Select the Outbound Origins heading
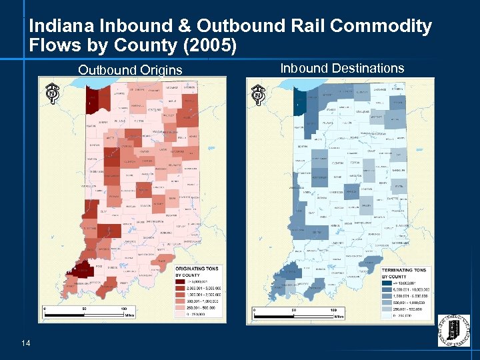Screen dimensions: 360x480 (x=130, y=70)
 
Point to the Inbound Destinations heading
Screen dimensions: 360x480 (x=342, y=68)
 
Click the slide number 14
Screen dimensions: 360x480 (x=25, y=343)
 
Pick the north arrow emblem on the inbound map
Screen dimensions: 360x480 (x=257, y=93)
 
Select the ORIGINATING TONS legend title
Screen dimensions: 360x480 (x=197, y=269)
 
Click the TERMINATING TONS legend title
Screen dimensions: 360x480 (x=405, y=269)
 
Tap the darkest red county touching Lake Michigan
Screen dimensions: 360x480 (x=92, y=100)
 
